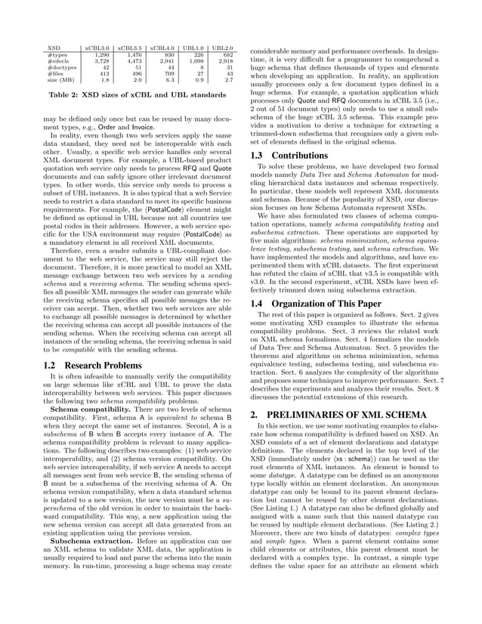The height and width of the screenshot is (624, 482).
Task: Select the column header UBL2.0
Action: pyautogui.click(x=222, y=48)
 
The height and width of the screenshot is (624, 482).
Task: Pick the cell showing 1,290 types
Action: pyautogui.click(x=100, y=54)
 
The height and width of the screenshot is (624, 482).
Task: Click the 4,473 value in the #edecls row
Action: pyautogui.click(x=131, y=60)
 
